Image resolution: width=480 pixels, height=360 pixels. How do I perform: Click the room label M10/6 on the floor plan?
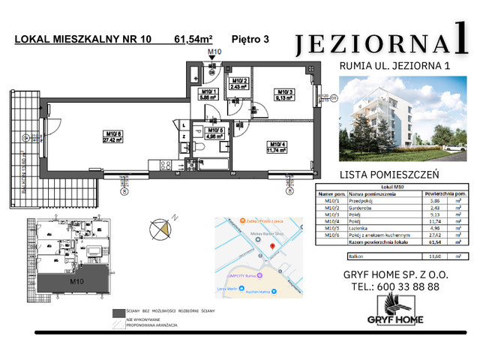113,136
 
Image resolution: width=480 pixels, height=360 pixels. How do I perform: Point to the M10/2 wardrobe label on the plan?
240,83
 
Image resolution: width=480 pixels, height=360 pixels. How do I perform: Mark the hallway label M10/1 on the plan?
209,94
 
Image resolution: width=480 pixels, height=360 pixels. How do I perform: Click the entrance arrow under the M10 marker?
214,64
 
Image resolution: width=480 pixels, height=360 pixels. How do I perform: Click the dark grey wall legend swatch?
118,313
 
